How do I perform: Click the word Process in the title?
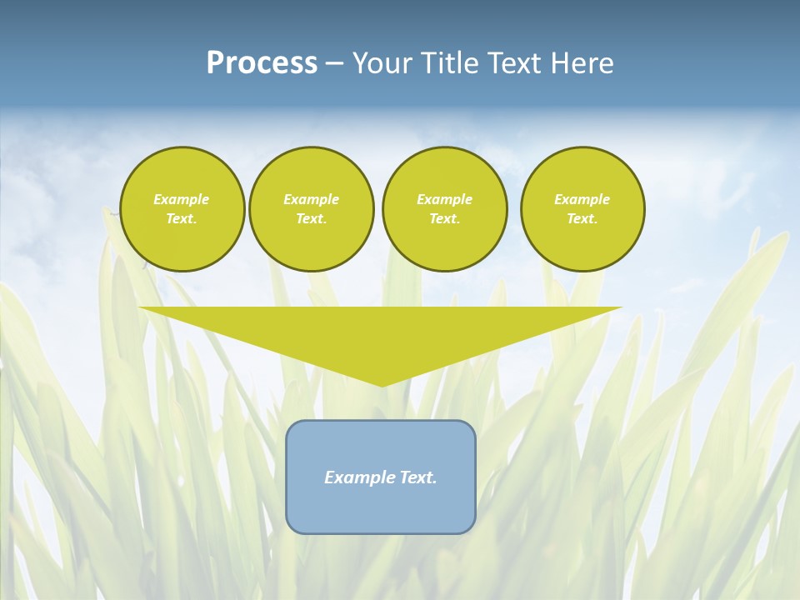coord(262,63)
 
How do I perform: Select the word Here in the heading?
coord(583,63)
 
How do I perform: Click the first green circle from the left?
coord(182,209)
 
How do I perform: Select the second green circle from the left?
coord(312,209)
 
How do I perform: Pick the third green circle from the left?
coord(444,209)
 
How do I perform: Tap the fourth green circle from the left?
coord(582,209)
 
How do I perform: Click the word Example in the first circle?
coord(182,199)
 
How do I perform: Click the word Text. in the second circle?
coord(312,219)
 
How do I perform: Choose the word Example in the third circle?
coord(444,199)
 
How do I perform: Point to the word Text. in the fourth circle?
coord(582,219)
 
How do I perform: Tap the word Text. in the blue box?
coord(418,477)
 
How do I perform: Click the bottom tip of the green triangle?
coord(382,385)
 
